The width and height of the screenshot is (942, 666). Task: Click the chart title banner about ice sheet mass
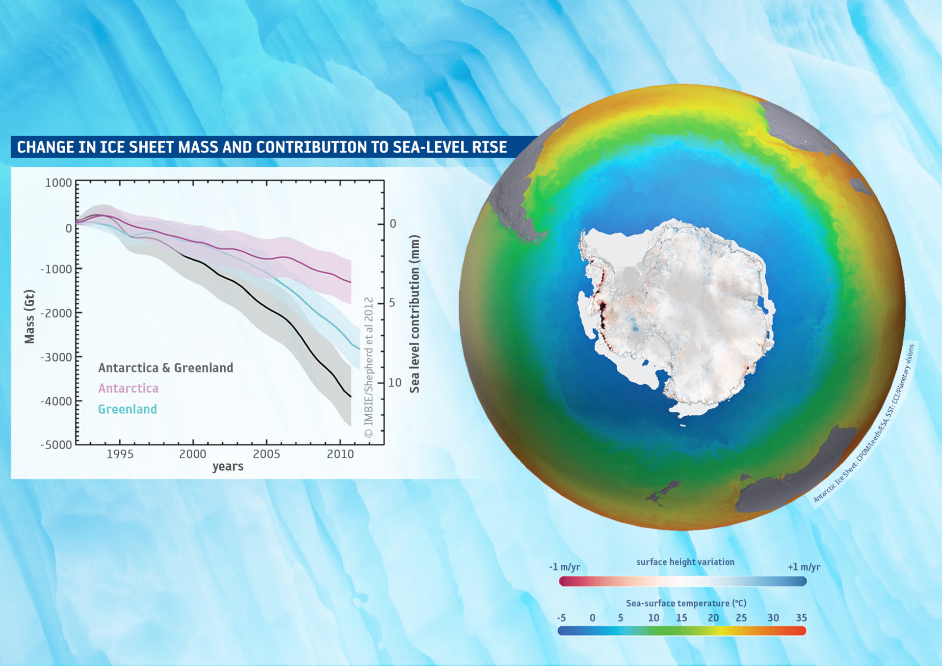click(x=262, y=147)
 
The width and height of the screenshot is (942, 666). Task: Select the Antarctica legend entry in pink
click(x=128, y=388)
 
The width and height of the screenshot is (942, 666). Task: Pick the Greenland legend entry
click(x=128, y=409)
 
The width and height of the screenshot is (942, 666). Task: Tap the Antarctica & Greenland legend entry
click(x=165, y=368)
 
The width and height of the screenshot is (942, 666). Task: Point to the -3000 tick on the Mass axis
click(x=56, y=357)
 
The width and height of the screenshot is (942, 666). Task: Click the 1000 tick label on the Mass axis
click(x=58, y=183)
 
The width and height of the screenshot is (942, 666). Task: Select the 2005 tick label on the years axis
click(x=266, y=454)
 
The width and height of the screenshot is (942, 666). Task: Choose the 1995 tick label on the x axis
click(x=120, y=454)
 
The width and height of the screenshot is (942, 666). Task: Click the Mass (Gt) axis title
click(x=29, y=317)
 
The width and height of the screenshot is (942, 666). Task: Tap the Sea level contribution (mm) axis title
click(x=415, y=314)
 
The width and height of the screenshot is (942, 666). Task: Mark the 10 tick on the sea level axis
click(x=395, y=382)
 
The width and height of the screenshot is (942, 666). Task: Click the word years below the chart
click(x=228, y=466)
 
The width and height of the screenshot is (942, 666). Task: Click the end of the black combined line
click(x=350, y=396)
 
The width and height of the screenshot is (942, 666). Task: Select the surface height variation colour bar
click(x=682, y=582)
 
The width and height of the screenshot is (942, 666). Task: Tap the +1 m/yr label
click(x=803, y=567)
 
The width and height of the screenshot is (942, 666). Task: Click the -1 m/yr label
click(x=564, y=567)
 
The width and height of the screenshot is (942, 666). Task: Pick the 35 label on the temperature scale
click(x=801, y=618)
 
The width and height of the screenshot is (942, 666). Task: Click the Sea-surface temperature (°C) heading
click(x=685, y=603)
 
